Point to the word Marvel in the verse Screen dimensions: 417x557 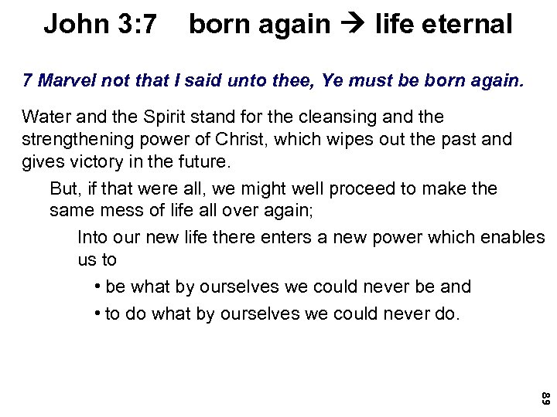click(60, 81)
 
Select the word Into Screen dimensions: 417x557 click(94, 237)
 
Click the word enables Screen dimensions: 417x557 click(507, 237)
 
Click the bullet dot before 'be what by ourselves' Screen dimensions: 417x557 click(97, 286)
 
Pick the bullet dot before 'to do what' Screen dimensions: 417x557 click(97, 314)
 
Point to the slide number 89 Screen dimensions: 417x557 click(545, 399)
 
